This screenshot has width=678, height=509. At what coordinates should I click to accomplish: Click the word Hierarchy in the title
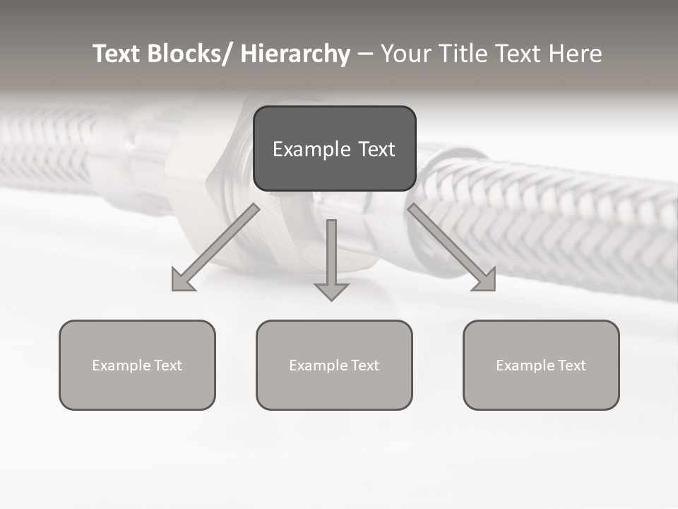click(295, 54)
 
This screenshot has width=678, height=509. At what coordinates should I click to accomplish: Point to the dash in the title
click(365, 54)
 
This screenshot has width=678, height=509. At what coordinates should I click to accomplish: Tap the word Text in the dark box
click(376, 149)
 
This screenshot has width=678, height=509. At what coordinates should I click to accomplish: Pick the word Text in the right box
click(571, 365)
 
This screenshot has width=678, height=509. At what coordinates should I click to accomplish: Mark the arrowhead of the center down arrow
click(331, 291)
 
